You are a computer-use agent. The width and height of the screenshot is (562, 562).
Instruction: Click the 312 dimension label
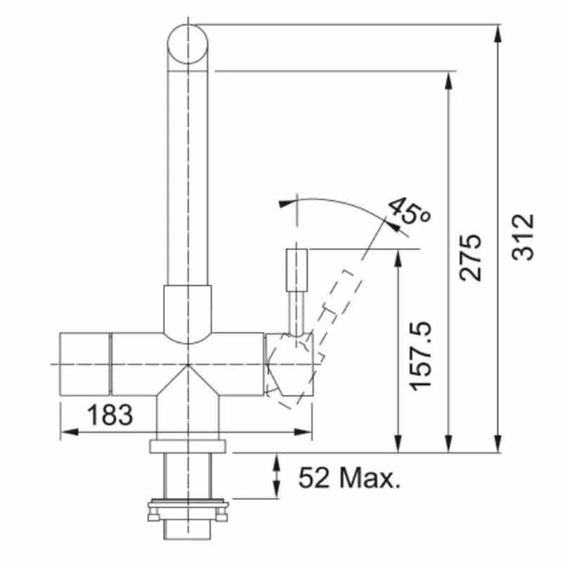coord(523,237)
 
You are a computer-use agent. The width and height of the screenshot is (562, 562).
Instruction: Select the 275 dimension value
coord(471,258)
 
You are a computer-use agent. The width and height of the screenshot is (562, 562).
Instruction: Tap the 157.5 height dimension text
coord(421,356)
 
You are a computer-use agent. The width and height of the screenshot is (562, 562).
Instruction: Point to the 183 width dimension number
coord(110,414)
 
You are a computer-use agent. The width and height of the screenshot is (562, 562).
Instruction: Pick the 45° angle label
coord(410,211)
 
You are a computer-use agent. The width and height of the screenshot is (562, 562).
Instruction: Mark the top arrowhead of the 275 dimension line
coord(447,79)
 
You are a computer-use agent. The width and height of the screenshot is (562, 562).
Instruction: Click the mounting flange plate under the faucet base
coord(187,446)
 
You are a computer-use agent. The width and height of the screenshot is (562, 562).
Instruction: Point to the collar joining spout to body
coord(187,309)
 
